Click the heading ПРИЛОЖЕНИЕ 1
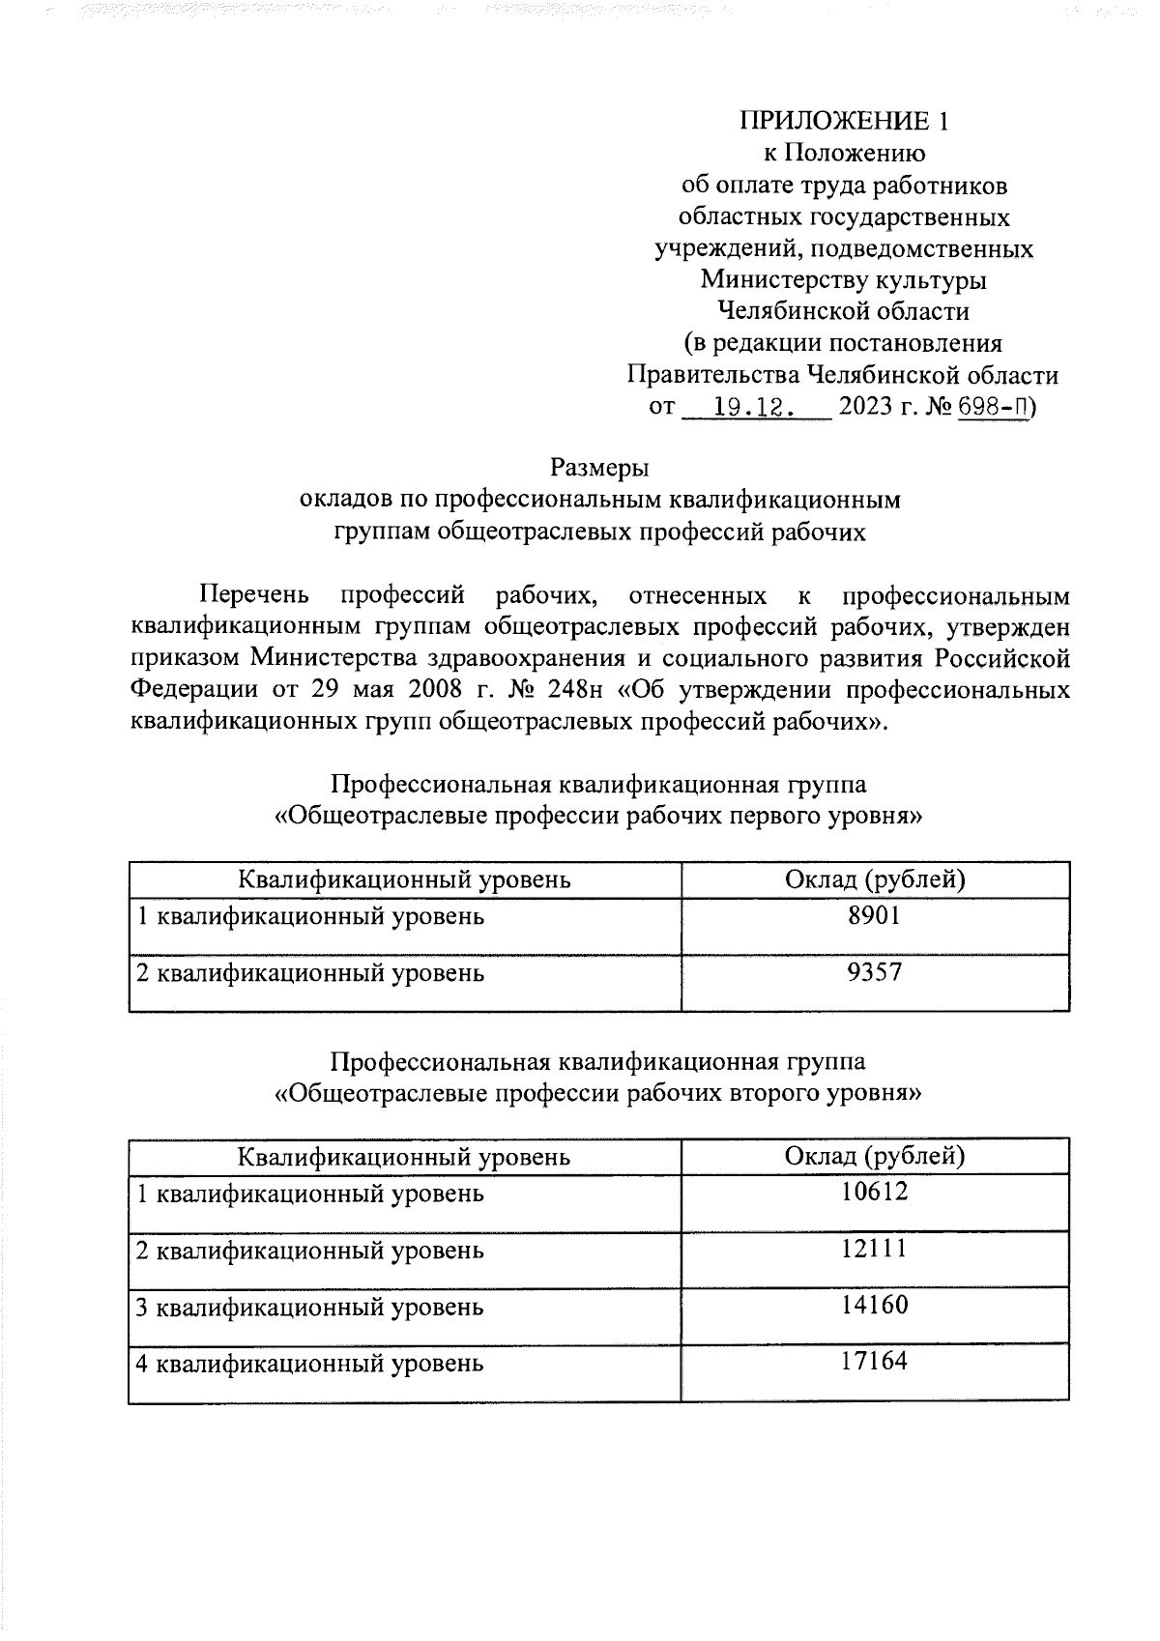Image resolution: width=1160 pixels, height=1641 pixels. point(845,121)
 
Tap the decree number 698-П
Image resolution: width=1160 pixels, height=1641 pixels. point(993,407)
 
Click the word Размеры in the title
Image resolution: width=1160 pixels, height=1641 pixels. point(599,468)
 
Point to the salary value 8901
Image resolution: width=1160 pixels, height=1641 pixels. point(874,916)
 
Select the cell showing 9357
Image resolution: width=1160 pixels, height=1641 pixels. point(874,972)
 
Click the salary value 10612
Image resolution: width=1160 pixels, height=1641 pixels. point(874,1193)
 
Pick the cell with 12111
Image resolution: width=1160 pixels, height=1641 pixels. point(874,1250)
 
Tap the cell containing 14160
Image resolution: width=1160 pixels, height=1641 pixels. point(874,1307)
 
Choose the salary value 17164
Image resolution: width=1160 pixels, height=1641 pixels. point(874,1363)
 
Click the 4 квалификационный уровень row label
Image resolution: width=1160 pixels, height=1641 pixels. point(309,1365)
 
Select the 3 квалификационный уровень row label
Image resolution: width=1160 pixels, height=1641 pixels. point(309,1308)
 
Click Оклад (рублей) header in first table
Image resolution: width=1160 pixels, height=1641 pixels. point(875,879)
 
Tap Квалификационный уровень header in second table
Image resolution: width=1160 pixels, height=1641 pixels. point(404,1157)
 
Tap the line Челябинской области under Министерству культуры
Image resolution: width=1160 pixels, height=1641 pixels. point(843,311)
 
